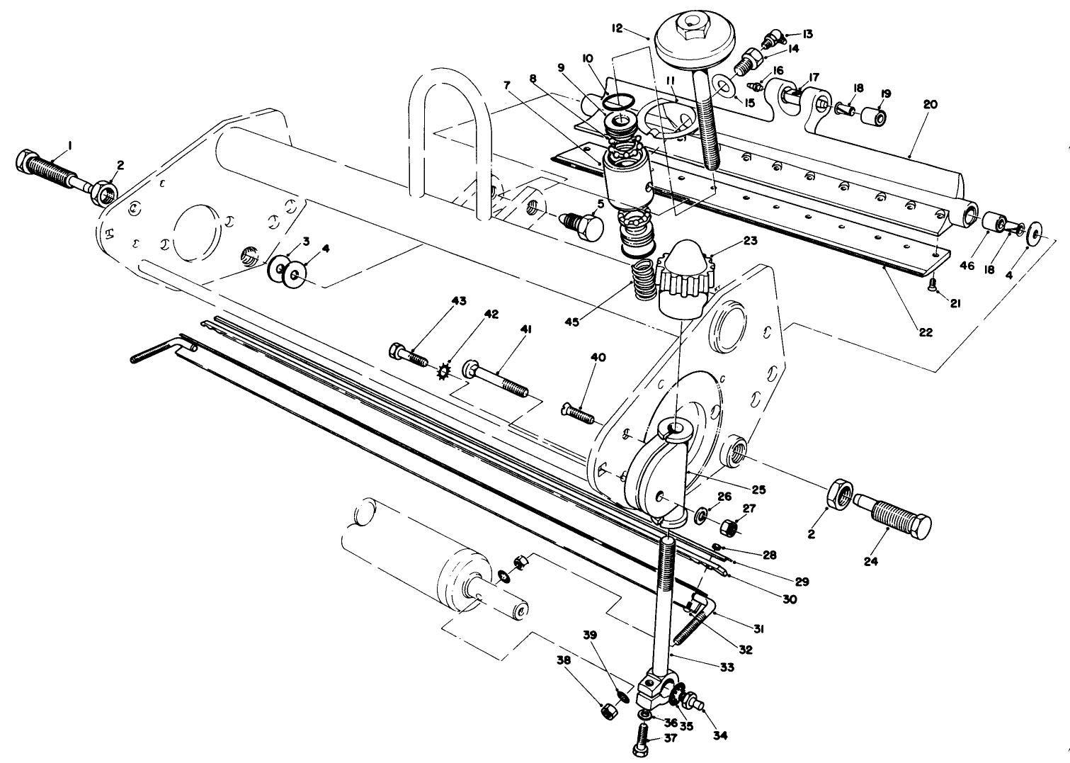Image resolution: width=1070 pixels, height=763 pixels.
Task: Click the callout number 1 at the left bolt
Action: (x=69, y=145)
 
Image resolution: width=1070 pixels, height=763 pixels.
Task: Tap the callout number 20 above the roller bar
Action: (x=930, y=104)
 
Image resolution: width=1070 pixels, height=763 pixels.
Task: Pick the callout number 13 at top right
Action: (x=808, y=33)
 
